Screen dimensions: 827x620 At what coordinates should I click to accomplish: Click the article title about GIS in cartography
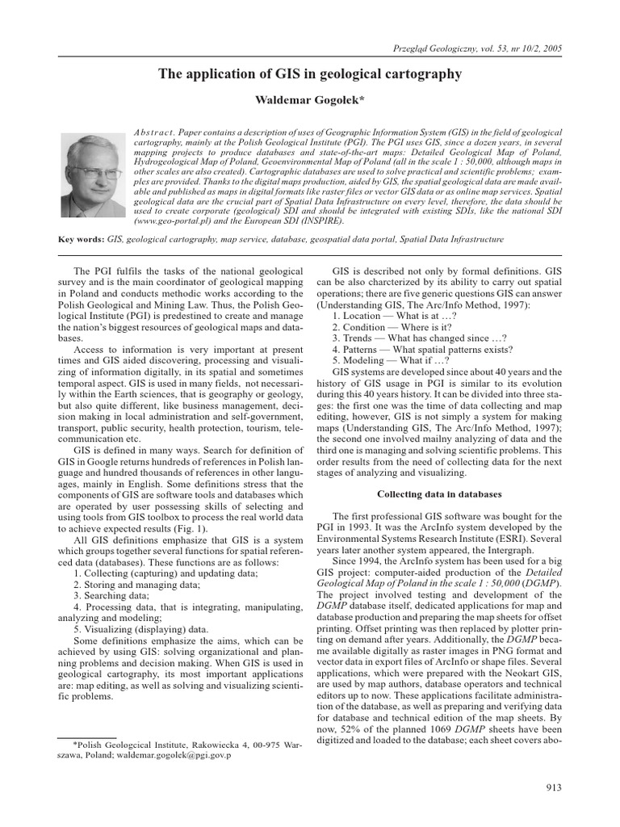pyautogui.click(x=310, y=74)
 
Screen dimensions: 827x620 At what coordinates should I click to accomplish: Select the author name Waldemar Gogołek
pyautogui.click(x=310, y=100)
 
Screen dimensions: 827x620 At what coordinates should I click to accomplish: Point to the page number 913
pyautogui.click(x=554, y=788)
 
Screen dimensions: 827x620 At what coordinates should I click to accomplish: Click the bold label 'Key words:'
pyautogui.click(x=82, y=240)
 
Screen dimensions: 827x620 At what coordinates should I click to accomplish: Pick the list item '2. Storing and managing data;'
pyautogui.click(x=136, y=584)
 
